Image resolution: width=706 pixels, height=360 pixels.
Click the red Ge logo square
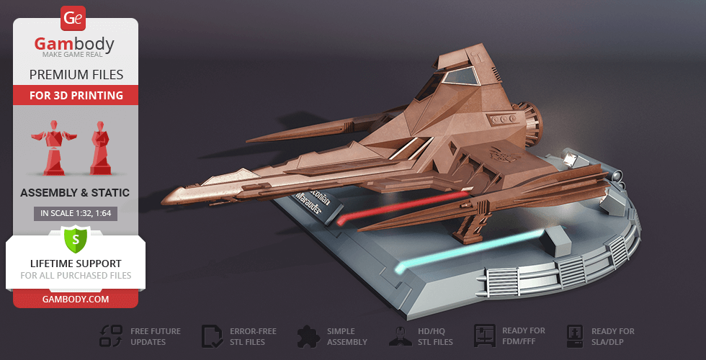(74, 17)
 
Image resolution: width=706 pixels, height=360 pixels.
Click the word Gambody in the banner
(75, 45)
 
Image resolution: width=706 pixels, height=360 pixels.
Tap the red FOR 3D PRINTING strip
(76, 95)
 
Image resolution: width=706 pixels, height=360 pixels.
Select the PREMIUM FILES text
(76, 75)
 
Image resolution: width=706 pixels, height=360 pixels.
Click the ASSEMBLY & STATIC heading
(75, 192)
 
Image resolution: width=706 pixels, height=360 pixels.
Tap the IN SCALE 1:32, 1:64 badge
(75, 213)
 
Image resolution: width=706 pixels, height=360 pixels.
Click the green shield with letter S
(75, 238)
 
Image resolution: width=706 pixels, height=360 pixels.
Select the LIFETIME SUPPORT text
(75, 264)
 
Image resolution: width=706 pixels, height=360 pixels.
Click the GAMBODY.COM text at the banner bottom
(75, 299)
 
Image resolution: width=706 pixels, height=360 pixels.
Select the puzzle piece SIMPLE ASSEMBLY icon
(307, 336)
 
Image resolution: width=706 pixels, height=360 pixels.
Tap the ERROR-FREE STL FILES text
(253, 336)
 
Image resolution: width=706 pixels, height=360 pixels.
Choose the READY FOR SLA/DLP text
(612, 336)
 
